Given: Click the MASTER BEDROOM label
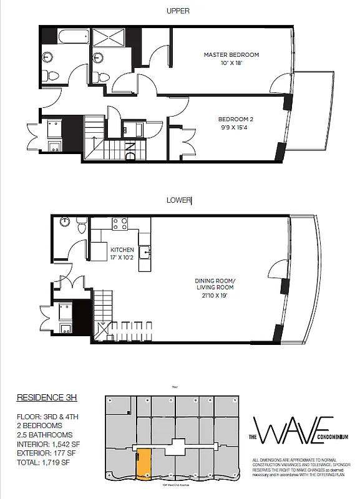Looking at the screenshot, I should tap(231, 55).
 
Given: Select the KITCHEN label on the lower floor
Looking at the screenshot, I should tap(122, 249).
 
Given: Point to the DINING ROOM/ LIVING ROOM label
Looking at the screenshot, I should tap(214, 284).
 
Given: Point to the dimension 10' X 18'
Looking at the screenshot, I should tap(231, 63).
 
